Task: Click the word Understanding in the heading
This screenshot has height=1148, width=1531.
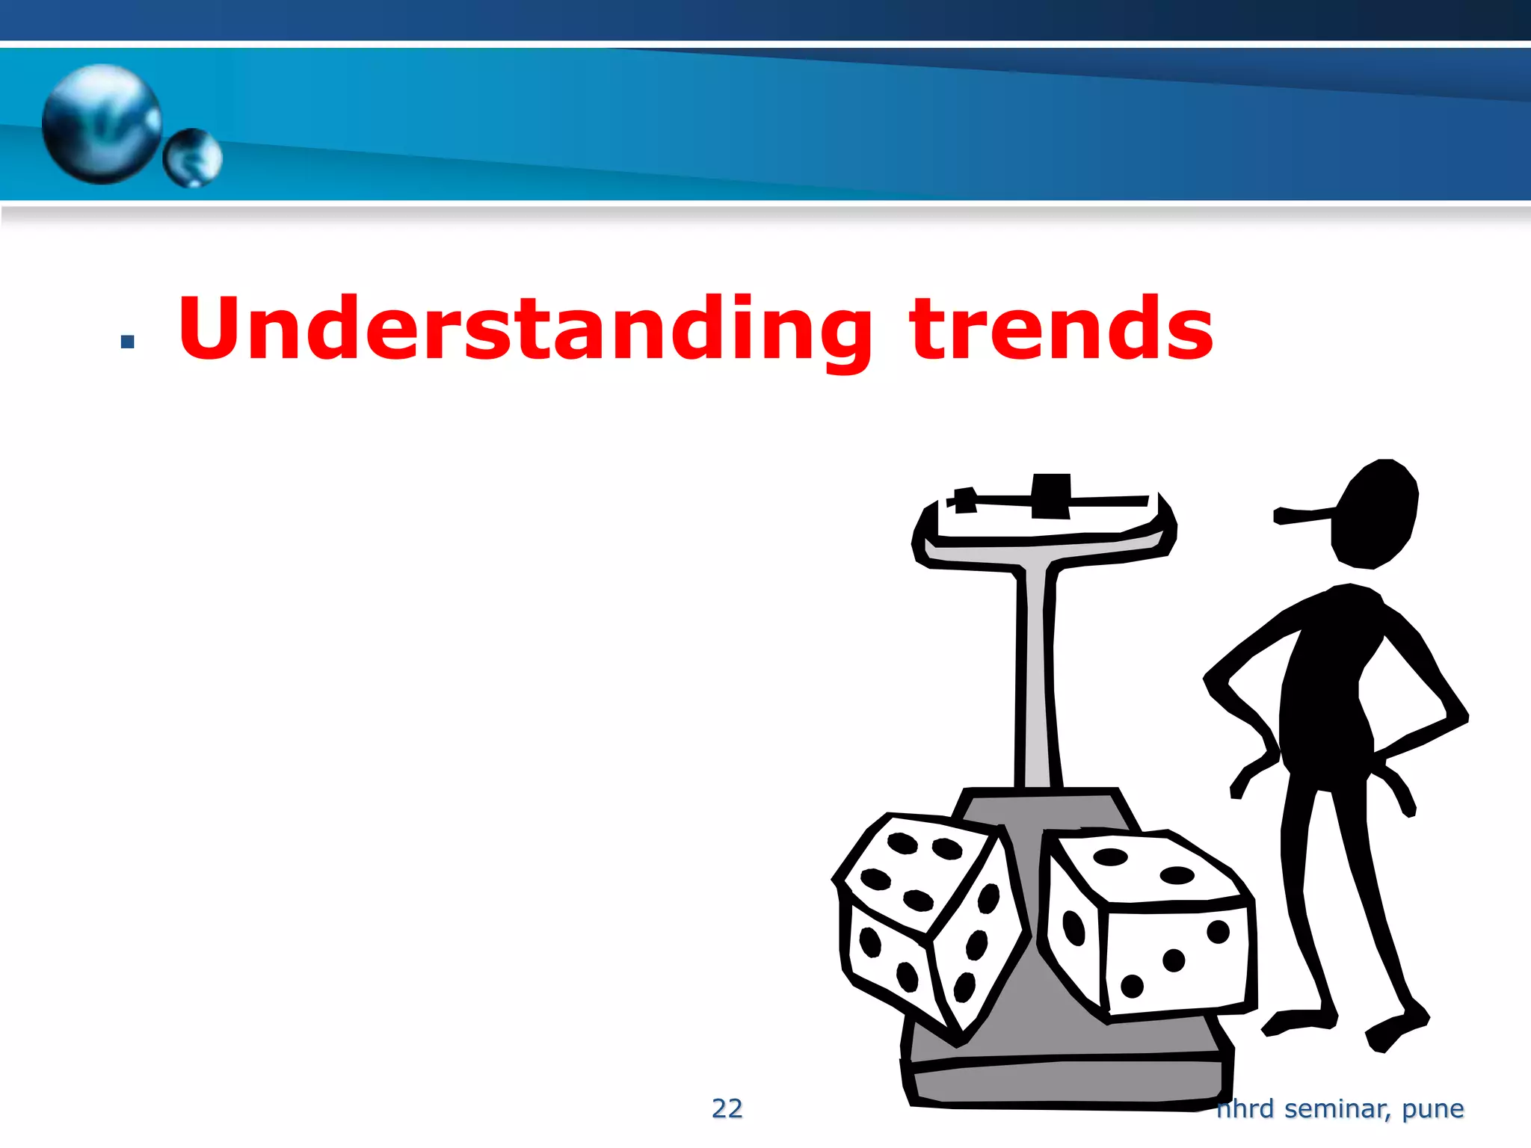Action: click(523, 329)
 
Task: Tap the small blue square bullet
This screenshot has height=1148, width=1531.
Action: click(127, 342)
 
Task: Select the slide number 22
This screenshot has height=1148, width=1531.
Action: click(727, 1108)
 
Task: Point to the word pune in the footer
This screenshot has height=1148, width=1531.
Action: click(1432, 1109)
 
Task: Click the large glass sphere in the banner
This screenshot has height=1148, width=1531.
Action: click(101, 123)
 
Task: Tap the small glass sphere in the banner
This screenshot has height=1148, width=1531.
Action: click(193, 157)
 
